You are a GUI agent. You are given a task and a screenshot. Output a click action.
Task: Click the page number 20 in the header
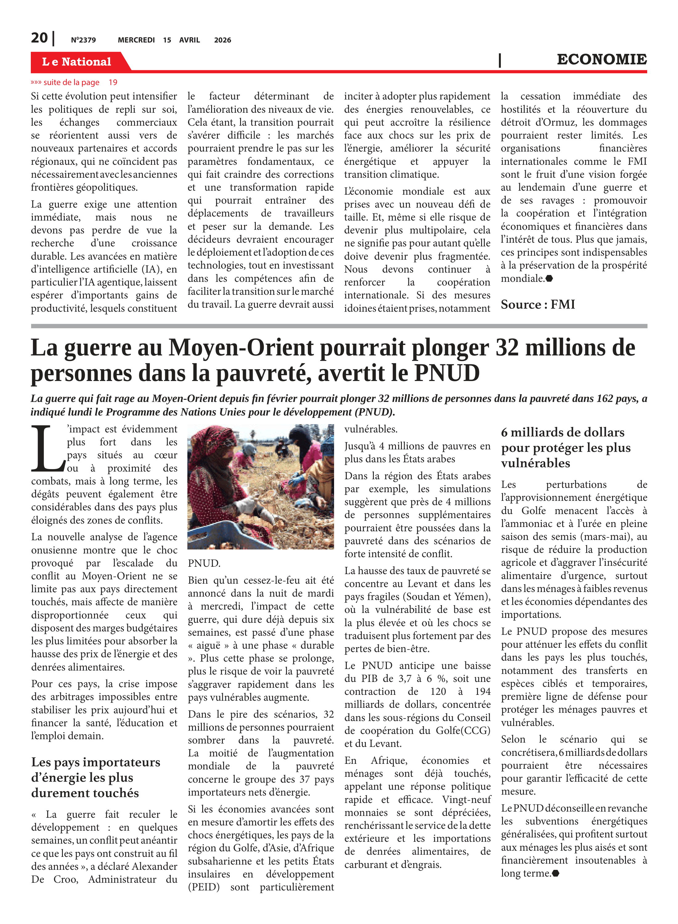(39, 38)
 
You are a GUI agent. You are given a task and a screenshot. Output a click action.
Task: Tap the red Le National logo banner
(77, 62)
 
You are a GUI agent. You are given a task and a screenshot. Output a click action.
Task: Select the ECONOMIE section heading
(601, 59)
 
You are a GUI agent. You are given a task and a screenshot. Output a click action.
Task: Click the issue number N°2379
(83, 40)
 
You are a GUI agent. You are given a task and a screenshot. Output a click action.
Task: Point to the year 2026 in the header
(223, 40)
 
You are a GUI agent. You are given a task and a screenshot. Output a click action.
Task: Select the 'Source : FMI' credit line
(538, 305)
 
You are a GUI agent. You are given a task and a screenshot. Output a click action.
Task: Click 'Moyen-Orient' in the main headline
(241, 348)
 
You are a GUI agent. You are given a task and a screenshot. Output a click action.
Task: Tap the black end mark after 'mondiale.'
(549, 278)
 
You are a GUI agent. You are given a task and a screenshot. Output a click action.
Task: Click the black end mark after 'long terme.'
(556, 873)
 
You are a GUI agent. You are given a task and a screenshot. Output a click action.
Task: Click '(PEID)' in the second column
(204, 887)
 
